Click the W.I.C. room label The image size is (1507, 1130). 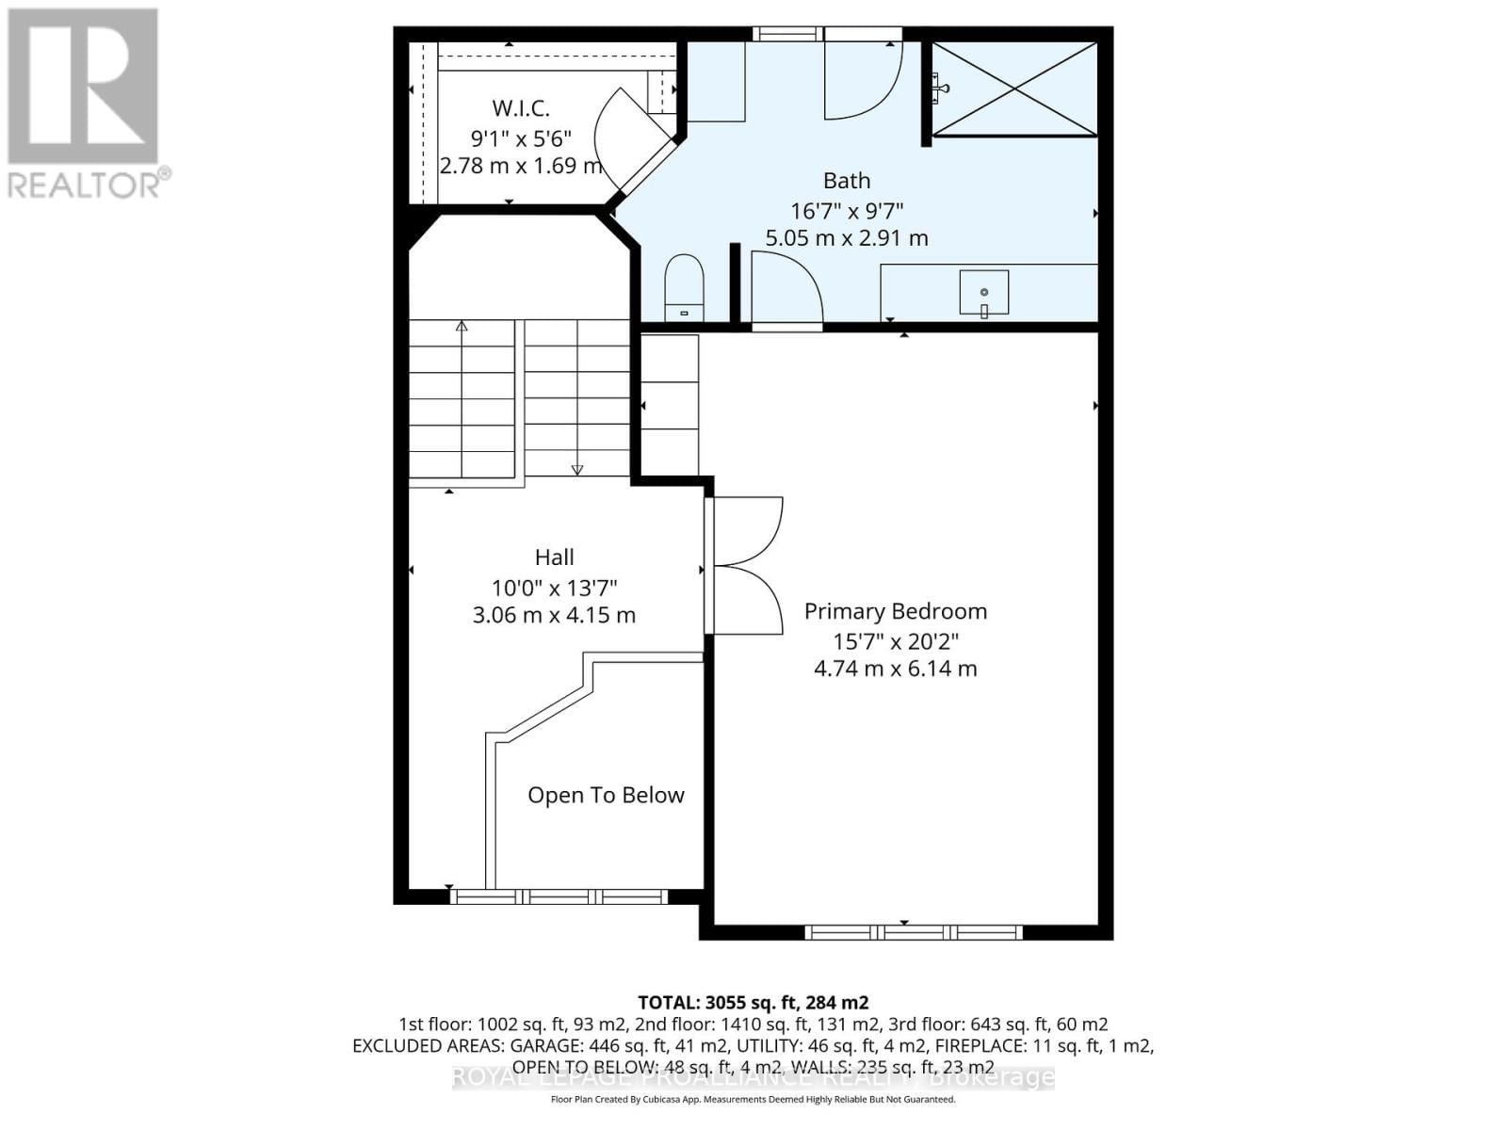(521, 108)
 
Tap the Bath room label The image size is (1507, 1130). (847, 180)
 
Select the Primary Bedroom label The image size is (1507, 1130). (895, 611)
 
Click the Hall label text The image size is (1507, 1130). (554, 557)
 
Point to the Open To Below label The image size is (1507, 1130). (606, 795)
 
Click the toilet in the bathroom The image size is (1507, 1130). (685, 286)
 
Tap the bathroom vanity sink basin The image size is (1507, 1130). (984, 292)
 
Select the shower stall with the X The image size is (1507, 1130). (1015, 89)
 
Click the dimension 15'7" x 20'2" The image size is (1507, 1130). (895, 641)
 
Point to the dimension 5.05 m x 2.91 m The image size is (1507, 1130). (847, 238)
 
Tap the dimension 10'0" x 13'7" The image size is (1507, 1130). (554, 589)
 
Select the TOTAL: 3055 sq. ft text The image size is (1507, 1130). (753, 1003)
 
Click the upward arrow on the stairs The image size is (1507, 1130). (462, 328)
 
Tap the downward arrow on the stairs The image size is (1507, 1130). (577, 468)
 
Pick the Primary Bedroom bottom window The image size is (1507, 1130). (914, 932)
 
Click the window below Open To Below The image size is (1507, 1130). (559, 896)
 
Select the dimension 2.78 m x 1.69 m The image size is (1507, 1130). (521, 167)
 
